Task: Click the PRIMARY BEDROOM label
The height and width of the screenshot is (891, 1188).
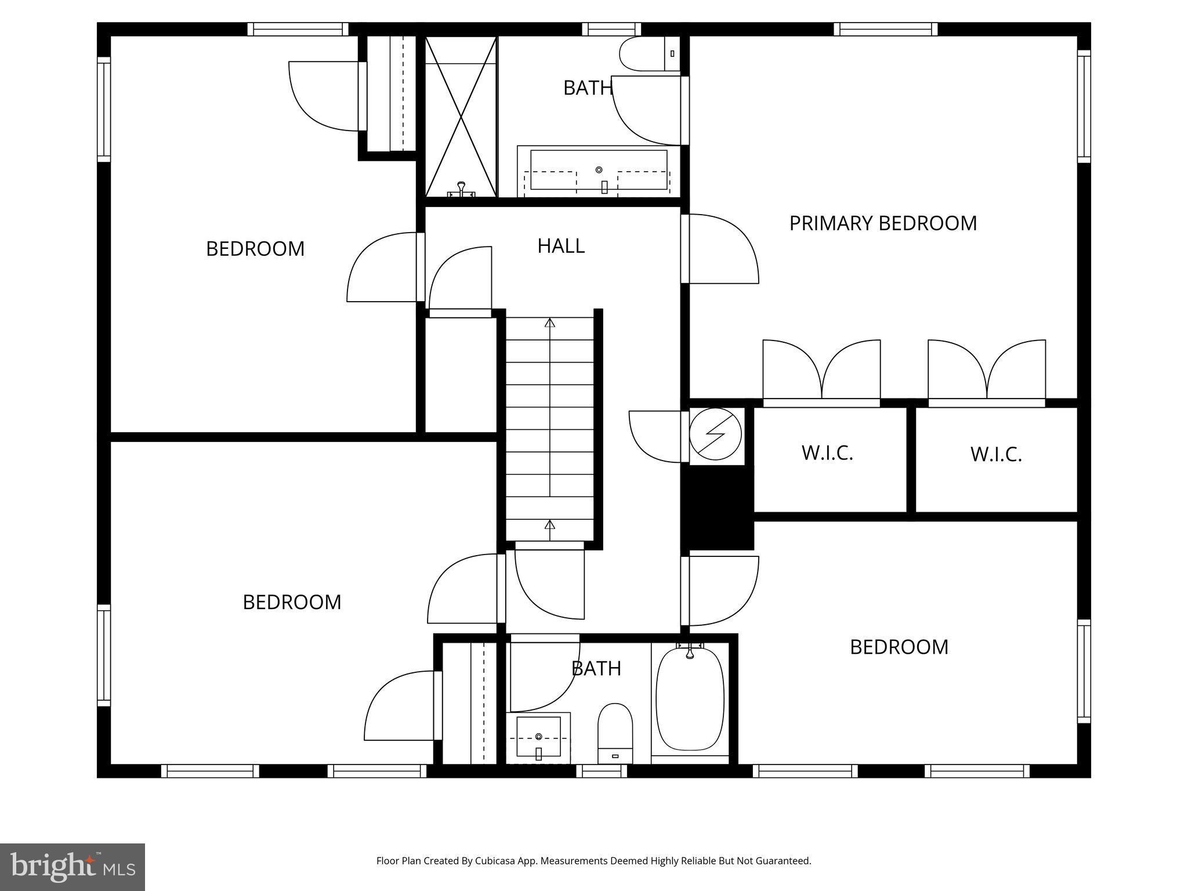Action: click(x=882, y=223)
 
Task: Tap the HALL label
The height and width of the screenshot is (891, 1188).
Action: click(x=560, y=246)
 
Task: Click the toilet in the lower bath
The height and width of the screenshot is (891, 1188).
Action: click(x=614, y=733)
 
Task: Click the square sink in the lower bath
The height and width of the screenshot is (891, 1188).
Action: click(x=538, y=737)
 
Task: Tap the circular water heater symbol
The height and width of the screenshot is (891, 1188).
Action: click(x=715, y=434)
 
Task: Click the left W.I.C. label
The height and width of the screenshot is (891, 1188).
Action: click(x=827, y=453)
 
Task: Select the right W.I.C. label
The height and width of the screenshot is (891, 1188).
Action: click(x=995, y=454)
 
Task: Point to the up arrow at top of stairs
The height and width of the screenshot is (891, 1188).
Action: click(x=550, y=323)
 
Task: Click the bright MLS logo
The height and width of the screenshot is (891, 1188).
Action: click(x=72, y=867)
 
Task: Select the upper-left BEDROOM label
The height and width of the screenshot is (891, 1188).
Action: click(x=255, y=249)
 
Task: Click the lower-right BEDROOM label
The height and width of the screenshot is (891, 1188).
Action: click(x=899, y=647)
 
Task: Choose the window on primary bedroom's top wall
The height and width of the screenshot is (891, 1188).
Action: click(x=885, y=29)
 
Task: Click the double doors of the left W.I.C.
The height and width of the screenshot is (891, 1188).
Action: click(x=821, y=371)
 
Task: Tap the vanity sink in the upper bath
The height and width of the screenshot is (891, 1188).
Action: click(x=599, y=170)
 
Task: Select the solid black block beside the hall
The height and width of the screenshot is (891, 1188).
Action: click(x=717, y=508)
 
